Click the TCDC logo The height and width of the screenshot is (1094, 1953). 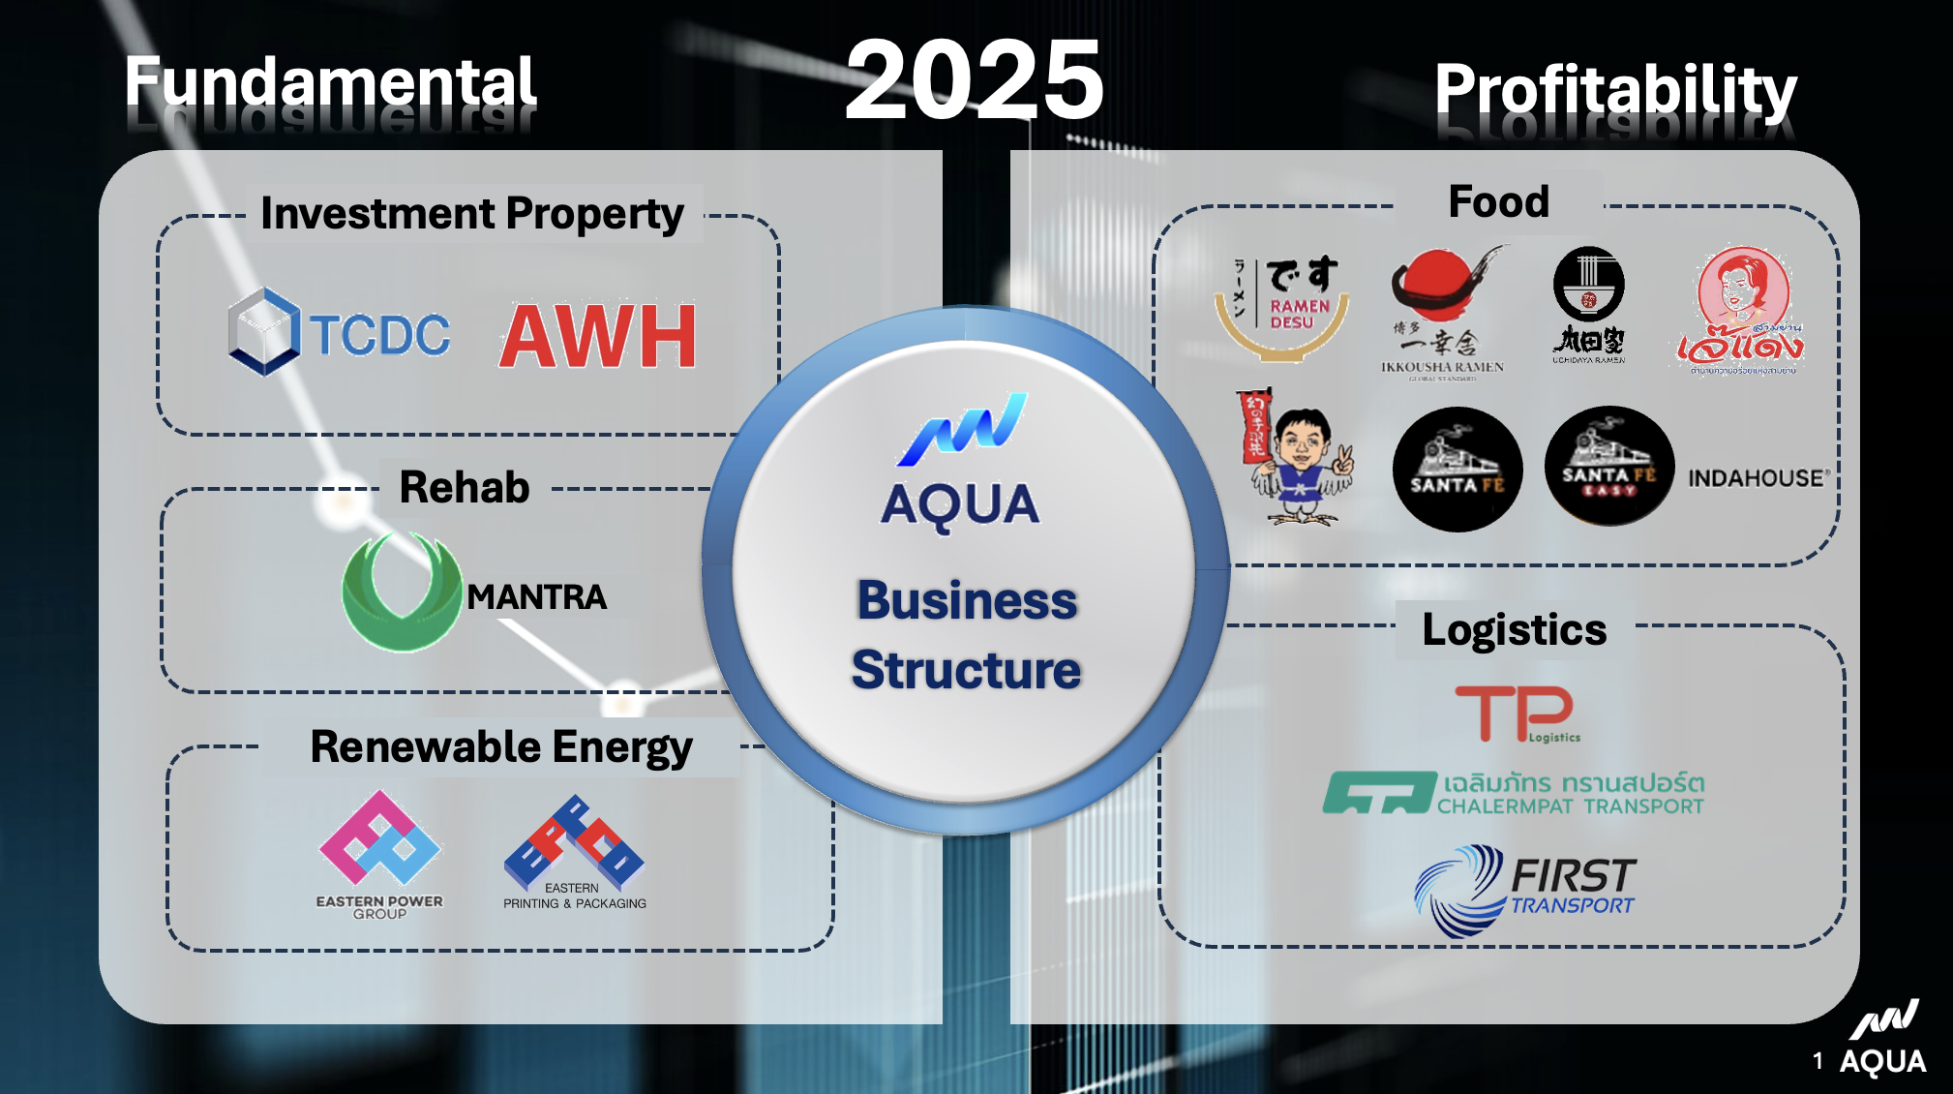(x=339, y=333)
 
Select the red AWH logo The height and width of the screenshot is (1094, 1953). (x=598, y=336)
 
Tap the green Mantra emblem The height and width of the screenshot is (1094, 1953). (x=401, y=592)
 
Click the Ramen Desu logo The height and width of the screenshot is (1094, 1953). (x=1281, y=306)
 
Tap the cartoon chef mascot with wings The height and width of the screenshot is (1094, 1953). (x=1297, y=458)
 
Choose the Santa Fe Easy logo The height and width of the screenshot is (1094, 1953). (x=1608, y=467)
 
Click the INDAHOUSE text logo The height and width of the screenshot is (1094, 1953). (x=1758, y=477)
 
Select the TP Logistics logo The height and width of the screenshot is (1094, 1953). (x=1517, y=714)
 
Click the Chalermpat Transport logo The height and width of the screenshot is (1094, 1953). (x=1514, y=793)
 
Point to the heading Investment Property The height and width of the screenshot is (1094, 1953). (x=471, y=214)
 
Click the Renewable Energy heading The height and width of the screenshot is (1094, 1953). (x=500, y=747)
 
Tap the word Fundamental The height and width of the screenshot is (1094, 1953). (x=330, y=82)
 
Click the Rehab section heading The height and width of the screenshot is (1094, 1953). (x=465, y=487)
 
